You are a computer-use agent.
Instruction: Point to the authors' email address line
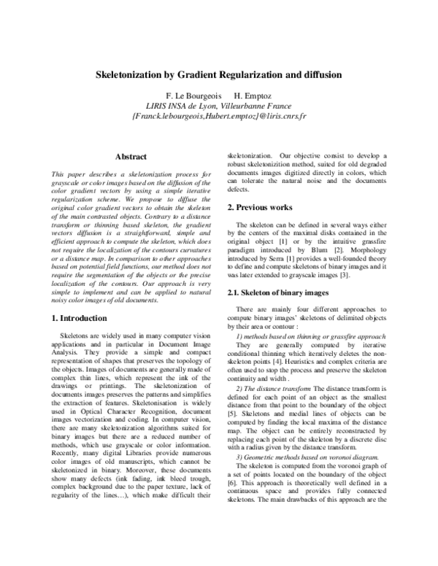click(x=219, y=116)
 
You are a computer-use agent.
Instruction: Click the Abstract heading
click(x=131, y=156)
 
